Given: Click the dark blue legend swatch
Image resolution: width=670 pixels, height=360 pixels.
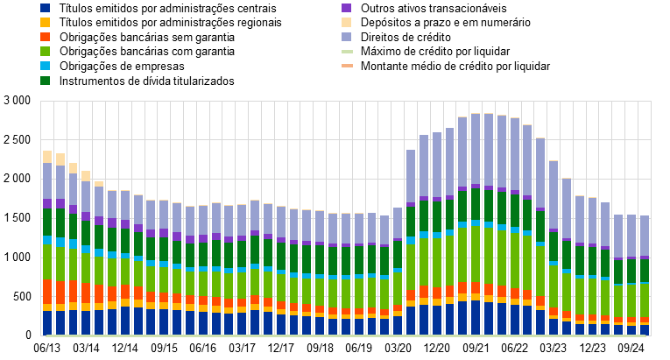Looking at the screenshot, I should [x=45, y=8].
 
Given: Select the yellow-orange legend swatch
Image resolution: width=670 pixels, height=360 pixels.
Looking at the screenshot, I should [x=45, y=22].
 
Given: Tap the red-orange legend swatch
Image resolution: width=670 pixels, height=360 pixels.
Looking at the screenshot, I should [x=45, y=37].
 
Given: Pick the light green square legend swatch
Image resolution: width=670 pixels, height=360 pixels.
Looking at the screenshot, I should [x=45, y=52].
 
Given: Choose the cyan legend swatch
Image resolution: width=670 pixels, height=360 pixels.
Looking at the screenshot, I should [x=45, y=66].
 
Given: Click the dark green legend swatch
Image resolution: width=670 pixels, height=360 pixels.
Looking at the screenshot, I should [x=45, y=81].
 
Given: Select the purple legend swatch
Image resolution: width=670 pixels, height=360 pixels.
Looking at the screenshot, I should [x=347, y=8].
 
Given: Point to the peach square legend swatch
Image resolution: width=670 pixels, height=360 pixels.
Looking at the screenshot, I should [x=347, y=22].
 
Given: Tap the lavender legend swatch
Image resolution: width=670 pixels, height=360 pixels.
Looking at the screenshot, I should [x=347, y=37].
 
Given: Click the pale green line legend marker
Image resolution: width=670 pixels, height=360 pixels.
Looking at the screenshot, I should [x=347, y=52].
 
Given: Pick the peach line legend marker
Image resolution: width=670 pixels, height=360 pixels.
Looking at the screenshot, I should [x=347, y=66].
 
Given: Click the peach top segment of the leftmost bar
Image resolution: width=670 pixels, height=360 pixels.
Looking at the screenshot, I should [x=47, y=157].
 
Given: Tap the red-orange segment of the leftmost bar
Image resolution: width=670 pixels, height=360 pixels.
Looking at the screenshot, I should [x=47, y=292].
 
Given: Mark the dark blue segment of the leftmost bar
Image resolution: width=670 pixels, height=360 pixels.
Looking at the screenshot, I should [x=47, y=322].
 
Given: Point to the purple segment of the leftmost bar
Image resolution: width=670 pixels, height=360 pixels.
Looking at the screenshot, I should [x=47, y=204].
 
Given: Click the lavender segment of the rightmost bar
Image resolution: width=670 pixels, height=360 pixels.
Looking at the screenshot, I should [x=645, y=236].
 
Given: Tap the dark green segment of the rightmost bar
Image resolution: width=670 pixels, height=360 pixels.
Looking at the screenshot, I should [x=645, y=271].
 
